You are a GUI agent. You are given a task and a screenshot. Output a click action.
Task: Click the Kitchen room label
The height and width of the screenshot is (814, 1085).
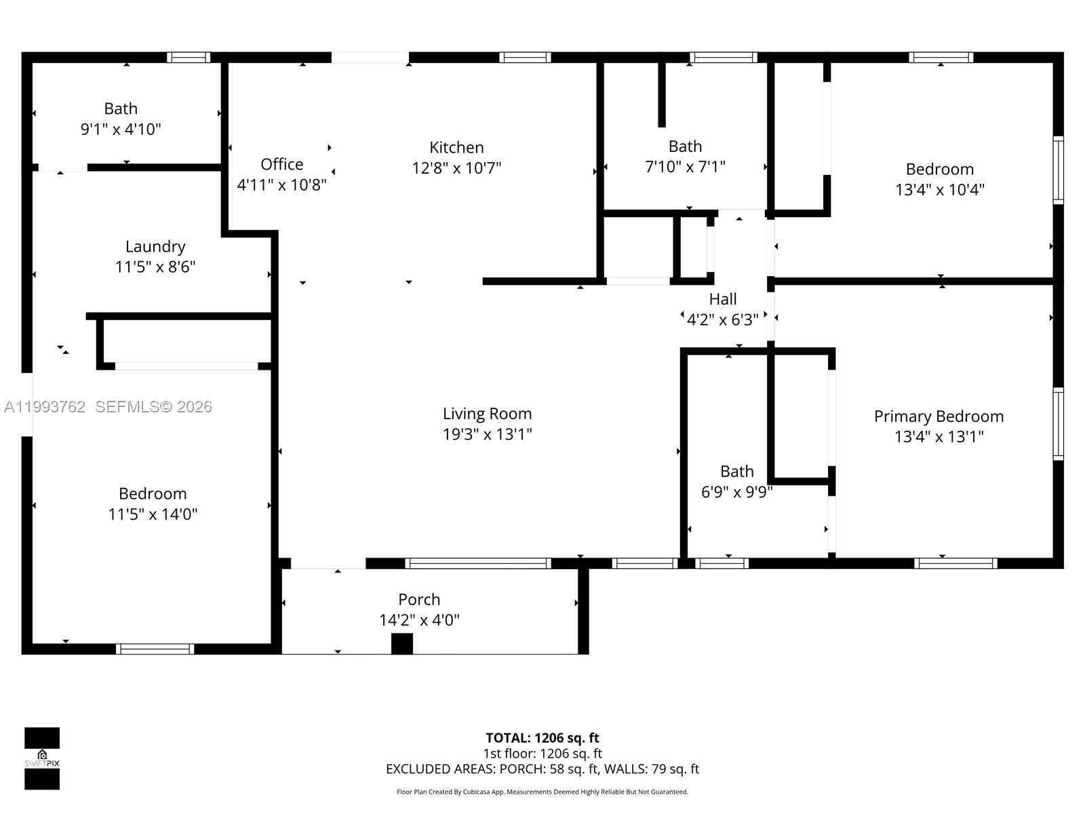456,147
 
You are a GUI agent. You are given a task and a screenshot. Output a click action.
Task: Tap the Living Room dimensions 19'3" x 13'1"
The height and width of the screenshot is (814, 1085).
487,434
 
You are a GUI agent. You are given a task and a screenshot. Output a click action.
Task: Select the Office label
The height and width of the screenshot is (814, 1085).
281,164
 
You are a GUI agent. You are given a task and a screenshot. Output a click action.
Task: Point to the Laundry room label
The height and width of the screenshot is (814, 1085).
155,246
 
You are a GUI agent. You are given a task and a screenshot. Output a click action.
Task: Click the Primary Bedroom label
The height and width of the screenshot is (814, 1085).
939,416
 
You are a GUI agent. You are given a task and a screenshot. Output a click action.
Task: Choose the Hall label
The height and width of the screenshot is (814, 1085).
723,299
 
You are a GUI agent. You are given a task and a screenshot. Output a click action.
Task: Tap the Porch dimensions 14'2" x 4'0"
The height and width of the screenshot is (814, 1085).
419,620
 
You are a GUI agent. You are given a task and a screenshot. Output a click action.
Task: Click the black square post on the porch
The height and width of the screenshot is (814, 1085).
402,643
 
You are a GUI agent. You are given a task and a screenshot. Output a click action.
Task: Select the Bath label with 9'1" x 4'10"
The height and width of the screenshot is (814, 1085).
121,109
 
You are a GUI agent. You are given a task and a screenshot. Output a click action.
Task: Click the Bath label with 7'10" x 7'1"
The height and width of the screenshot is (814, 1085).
685,147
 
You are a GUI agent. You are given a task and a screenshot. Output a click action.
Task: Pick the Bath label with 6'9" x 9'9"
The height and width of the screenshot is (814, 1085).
736,471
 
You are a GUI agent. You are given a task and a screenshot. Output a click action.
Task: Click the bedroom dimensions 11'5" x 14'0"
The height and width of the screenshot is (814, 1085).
153,514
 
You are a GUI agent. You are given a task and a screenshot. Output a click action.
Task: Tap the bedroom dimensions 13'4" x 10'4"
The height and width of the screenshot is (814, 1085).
939,190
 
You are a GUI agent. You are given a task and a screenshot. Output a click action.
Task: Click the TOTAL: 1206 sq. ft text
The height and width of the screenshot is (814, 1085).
542,738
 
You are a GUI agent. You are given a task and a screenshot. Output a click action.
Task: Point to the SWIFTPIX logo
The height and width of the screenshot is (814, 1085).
42,758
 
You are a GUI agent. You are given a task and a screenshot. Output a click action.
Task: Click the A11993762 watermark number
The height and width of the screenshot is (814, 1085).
45,406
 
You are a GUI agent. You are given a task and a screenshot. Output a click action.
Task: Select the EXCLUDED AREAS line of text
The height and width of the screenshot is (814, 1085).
542,769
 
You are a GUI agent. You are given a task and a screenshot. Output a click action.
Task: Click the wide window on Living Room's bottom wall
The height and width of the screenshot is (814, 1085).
477,563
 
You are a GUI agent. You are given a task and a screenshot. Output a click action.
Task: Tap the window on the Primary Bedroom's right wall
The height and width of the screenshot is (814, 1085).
1058,423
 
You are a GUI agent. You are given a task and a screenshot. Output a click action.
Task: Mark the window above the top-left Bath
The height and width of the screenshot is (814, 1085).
189,58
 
